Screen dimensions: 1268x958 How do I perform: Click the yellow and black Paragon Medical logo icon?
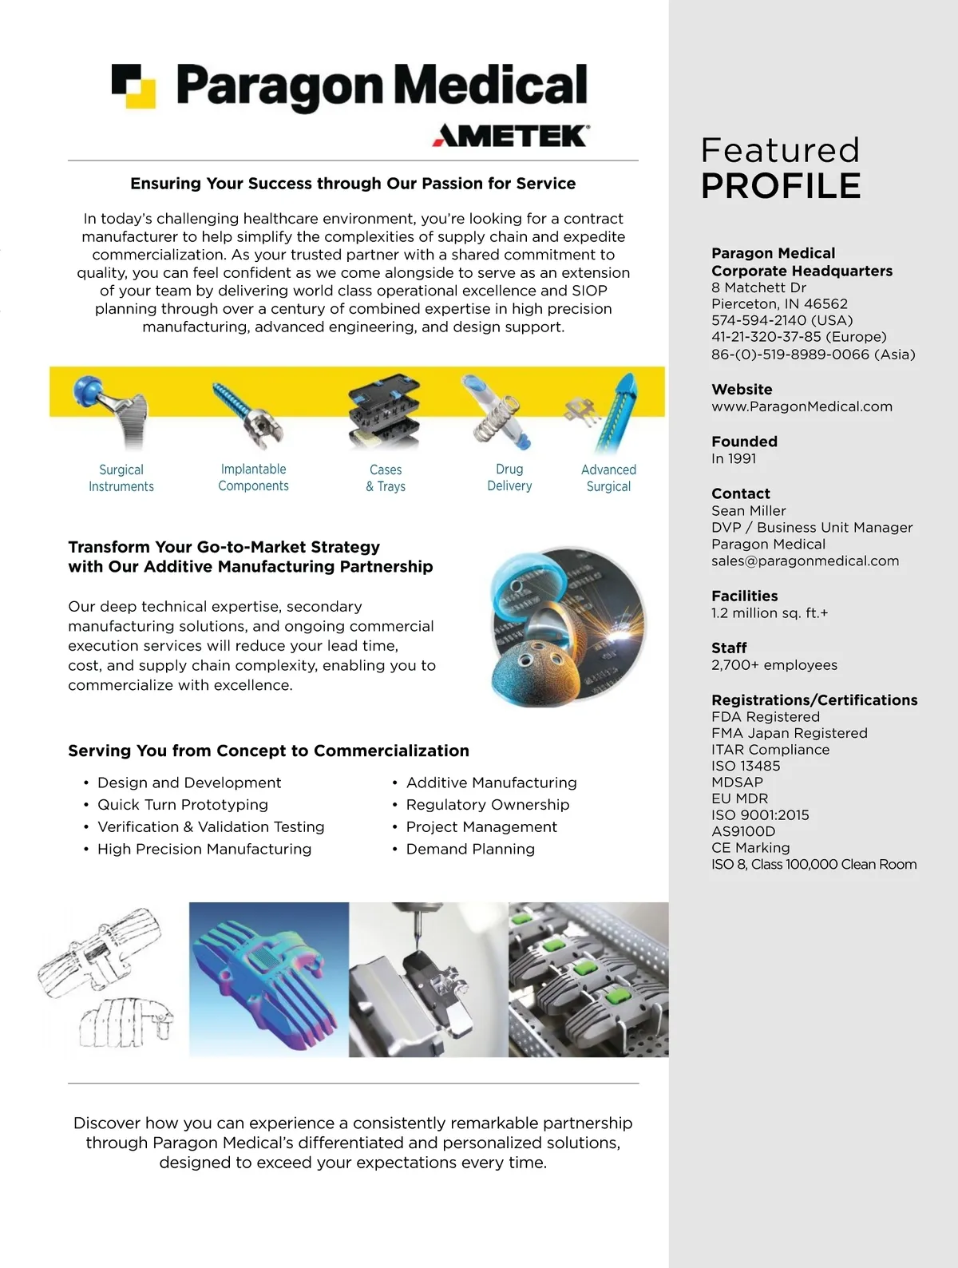click(x=133, y=85)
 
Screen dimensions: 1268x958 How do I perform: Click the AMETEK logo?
click(x=511, y=136)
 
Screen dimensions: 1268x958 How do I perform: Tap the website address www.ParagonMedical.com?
click(x=802, y=406)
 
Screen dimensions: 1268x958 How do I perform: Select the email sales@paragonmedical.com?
click(x=805, y=561)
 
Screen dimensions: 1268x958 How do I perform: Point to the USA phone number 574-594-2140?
click(x=758, y=320)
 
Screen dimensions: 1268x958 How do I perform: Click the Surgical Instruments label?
click(x=121, y=478)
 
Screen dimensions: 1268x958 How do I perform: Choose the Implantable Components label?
click(x=253, y=477)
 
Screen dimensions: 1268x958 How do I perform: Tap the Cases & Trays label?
click(x=386, y=478)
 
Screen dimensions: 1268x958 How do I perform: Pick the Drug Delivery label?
click(x=509, y=477)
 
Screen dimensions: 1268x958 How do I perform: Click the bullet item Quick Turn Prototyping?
click(x=182, y=805)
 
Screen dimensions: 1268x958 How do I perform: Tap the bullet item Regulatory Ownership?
click(x=487, y=805)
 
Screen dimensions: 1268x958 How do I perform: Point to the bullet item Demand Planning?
click(x=470, y=849)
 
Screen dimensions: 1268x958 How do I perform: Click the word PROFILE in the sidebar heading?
click(x=781, y=186)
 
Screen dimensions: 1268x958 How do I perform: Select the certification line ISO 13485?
click(x=746, y=766)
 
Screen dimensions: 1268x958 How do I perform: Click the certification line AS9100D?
click(x=743, y=831)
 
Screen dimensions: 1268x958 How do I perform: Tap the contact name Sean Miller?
click(x=748, y=510)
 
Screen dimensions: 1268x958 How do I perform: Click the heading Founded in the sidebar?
click(x=744, y=442)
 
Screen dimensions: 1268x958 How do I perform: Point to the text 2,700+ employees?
click(x=774, y=665)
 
